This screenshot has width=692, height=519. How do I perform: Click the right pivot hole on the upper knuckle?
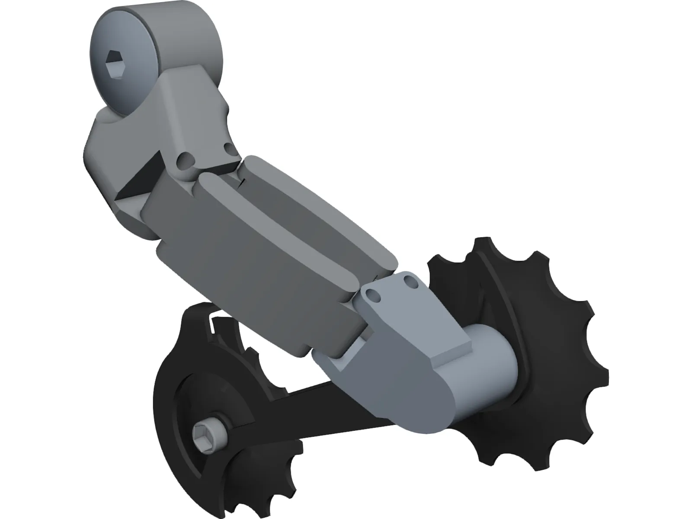point(230,149)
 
